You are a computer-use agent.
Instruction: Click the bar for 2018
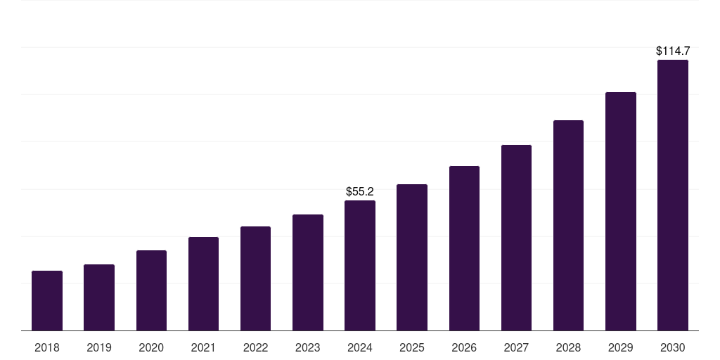47,301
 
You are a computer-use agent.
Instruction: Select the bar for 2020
151,290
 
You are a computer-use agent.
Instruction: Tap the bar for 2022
255,278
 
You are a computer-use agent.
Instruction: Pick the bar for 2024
360,266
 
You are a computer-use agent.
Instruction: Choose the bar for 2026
464,248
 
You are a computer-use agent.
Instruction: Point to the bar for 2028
568,226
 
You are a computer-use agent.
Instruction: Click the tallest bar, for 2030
673,195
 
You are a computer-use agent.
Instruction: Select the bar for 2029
621,212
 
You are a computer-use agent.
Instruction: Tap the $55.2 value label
360,191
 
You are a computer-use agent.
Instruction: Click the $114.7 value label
673,51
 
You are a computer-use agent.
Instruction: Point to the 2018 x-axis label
47,347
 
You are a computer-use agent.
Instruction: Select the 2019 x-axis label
99,347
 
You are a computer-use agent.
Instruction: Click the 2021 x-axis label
203,347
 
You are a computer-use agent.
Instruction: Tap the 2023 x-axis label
308,347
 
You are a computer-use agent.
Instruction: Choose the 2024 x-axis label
360,347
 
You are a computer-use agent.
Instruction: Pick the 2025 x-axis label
412,347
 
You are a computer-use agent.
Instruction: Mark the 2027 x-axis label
516,347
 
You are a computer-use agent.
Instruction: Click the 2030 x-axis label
673,347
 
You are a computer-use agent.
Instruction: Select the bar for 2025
412,257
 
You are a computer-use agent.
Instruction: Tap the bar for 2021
203,284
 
